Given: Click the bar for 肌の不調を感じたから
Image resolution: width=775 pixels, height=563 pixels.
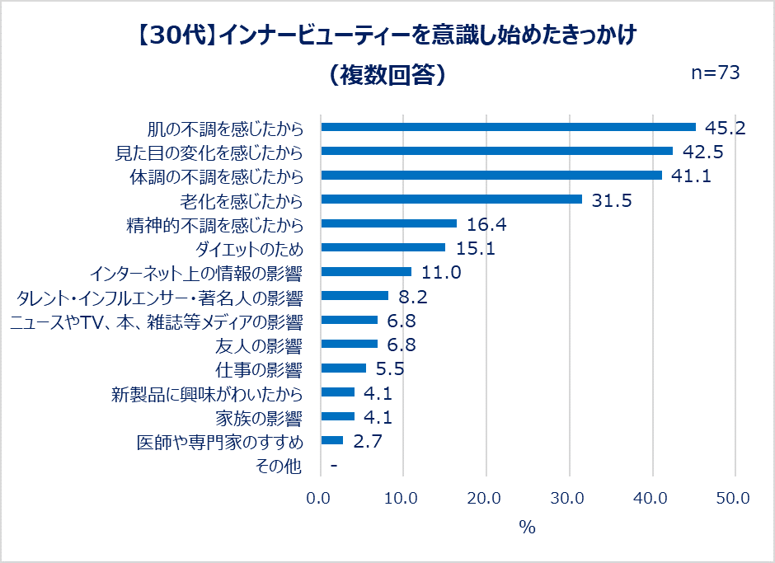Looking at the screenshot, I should tap(508, 127).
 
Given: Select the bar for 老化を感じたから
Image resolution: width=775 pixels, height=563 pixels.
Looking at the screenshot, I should tap(451, 199).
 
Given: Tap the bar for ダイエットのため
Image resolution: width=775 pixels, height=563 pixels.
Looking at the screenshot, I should tap(383, 247).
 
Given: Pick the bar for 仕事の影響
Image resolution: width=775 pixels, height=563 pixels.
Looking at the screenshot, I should tap(343, 368).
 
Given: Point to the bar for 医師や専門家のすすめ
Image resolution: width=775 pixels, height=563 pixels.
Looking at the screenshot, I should tap(331, 440).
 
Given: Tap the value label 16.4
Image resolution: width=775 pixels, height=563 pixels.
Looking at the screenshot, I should tap(487, 224).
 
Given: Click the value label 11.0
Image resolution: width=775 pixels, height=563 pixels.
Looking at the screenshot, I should tap(441, 272).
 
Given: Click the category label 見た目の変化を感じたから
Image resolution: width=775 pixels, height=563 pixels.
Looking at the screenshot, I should tap(207, 152).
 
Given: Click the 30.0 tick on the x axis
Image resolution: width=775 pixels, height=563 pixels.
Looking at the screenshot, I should tap(569, 498).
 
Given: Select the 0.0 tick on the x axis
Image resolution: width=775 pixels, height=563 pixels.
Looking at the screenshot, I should tap(319, 498).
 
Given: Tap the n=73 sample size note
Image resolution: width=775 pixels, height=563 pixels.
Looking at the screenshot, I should tap(715, 73).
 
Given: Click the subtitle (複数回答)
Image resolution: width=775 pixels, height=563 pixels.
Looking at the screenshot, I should tap(387, 75).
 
